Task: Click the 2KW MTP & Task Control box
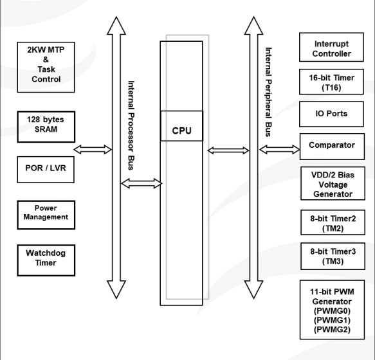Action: pyautogui.click(x=46, y=67)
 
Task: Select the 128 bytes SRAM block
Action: pyautogui.click(x=46, y=127)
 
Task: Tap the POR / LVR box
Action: pyautogui.click(x=46, y=170)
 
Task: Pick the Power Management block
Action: pyautogui.click(x=46, y=215)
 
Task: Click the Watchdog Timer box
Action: pyautogui.click(x=46, y=260)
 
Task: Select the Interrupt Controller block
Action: pyautogui.click(x=331, y=47)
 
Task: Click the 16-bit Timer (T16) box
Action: pyautogui.click(x=331, y=82)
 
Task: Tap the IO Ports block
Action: pyautogui.click(x=331, y=114)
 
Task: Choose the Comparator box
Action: pyautogui.click(x=332, y=147)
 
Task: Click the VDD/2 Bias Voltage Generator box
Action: pyautogui.click(x=333, y=183)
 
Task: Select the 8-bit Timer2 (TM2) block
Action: pyautogui.click(x=333, y=222)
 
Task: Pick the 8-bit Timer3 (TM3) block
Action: pyautogui.click(x=333, y=256)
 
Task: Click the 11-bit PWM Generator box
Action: pyautogui.click(x=332, y=310)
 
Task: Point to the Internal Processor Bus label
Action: pyautogui.click(x=131, y=125)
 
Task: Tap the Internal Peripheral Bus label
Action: pyautogui.click(x=268, y=92)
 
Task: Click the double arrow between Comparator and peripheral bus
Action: pyautogui.click(x=279, y=150)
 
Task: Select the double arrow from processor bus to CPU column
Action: pyautogui.click(x=142, y=183)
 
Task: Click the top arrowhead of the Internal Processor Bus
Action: pyautogui.click(x=116, y=26)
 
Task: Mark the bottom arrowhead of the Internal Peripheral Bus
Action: pyautogui.click(x=253, y=290)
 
